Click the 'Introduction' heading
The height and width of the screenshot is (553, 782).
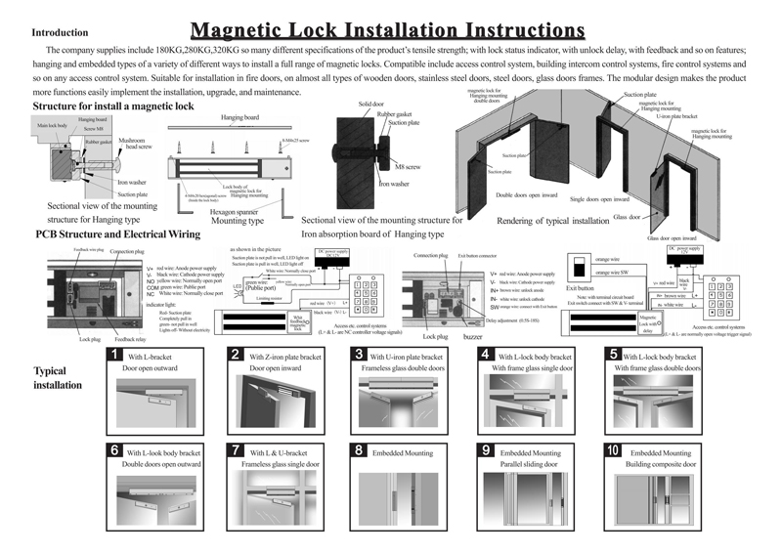point(60,32)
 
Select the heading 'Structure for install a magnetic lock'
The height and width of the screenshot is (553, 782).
point(113,105)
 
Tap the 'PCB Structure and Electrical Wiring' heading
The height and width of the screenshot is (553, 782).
point(117,234)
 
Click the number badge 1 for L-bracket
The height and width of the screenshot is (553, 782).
point(115,355)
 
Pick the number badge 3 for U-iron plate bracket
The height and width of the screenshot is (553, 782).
point(361,355)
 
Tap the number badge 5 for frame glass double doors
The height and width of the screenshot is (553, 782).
point(613,355)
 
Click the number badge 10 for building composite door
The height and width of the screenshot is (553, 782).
point(613,450)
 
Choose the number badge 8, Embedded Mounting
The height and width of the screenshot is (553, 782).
point(361,450)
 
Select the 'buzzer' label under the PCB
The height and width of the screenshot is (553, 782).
point(475,335)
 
